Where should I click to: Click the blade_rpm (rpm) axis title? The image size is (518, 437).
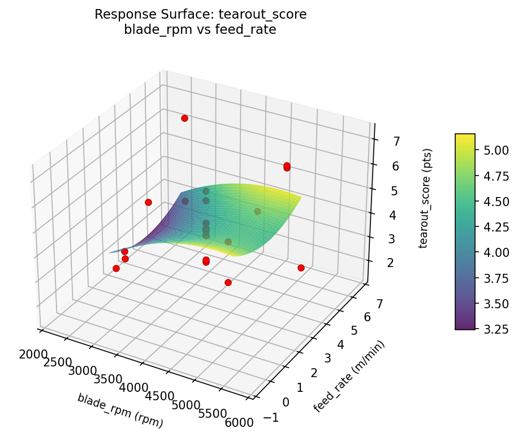click(120, 410)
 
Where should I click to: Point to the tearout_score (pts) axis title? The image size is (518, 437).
click(428, 199)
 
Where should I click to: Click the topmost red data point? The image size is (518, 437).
click(184, 118)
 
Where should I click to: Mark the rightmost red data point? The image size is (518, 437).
click(301, 268)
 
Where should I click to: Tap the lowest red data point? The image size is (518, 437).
click(228, 282)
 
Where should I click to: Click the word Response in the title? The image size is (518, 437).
click(119, 14)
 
